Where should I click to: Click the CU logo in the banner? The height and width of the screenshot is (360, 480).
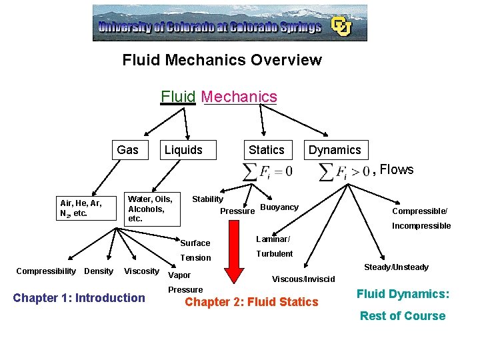342,26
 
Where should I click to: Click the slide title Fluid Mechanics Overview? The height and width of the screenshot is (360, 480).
222,60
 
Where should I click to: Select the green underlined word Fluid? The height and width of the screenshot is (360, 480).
178,97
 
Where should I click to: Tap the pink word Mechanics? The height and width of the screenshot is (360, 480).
239,97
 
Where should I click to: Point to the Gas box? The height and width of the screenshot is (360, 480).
127,150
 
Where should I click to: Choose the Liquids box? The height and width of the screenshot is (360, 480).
183,150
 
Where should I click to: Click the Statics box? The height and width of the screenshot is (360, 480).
266,150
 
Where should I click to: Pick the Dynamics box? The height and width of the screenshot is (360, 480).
334,150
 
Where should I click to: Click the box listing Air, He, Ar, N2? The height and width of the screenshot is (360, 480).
81,209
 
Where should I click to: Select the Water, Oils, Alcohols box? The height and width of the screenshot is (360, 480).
150,209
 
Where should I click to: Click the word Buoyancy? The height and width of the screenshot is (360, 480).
279,207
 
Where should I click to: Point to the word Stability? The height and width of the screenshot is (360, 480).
208,199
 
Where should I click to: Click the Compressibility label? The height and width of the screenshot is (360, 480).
46,271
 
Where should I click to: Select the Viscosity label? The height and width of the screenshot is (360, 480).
142,271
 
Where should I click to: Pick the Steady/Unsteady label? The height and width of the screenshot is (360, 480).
396,267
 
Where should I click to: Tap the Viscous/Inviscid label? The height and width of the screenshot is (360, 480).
303,279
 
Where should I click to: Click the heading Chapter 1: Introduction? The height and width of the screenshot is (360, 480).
79,298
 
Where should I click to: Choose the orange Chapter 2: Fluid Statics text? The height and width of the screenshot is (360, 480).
251,302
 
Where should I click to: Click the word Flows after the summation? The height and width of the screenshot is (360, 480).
397,170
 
